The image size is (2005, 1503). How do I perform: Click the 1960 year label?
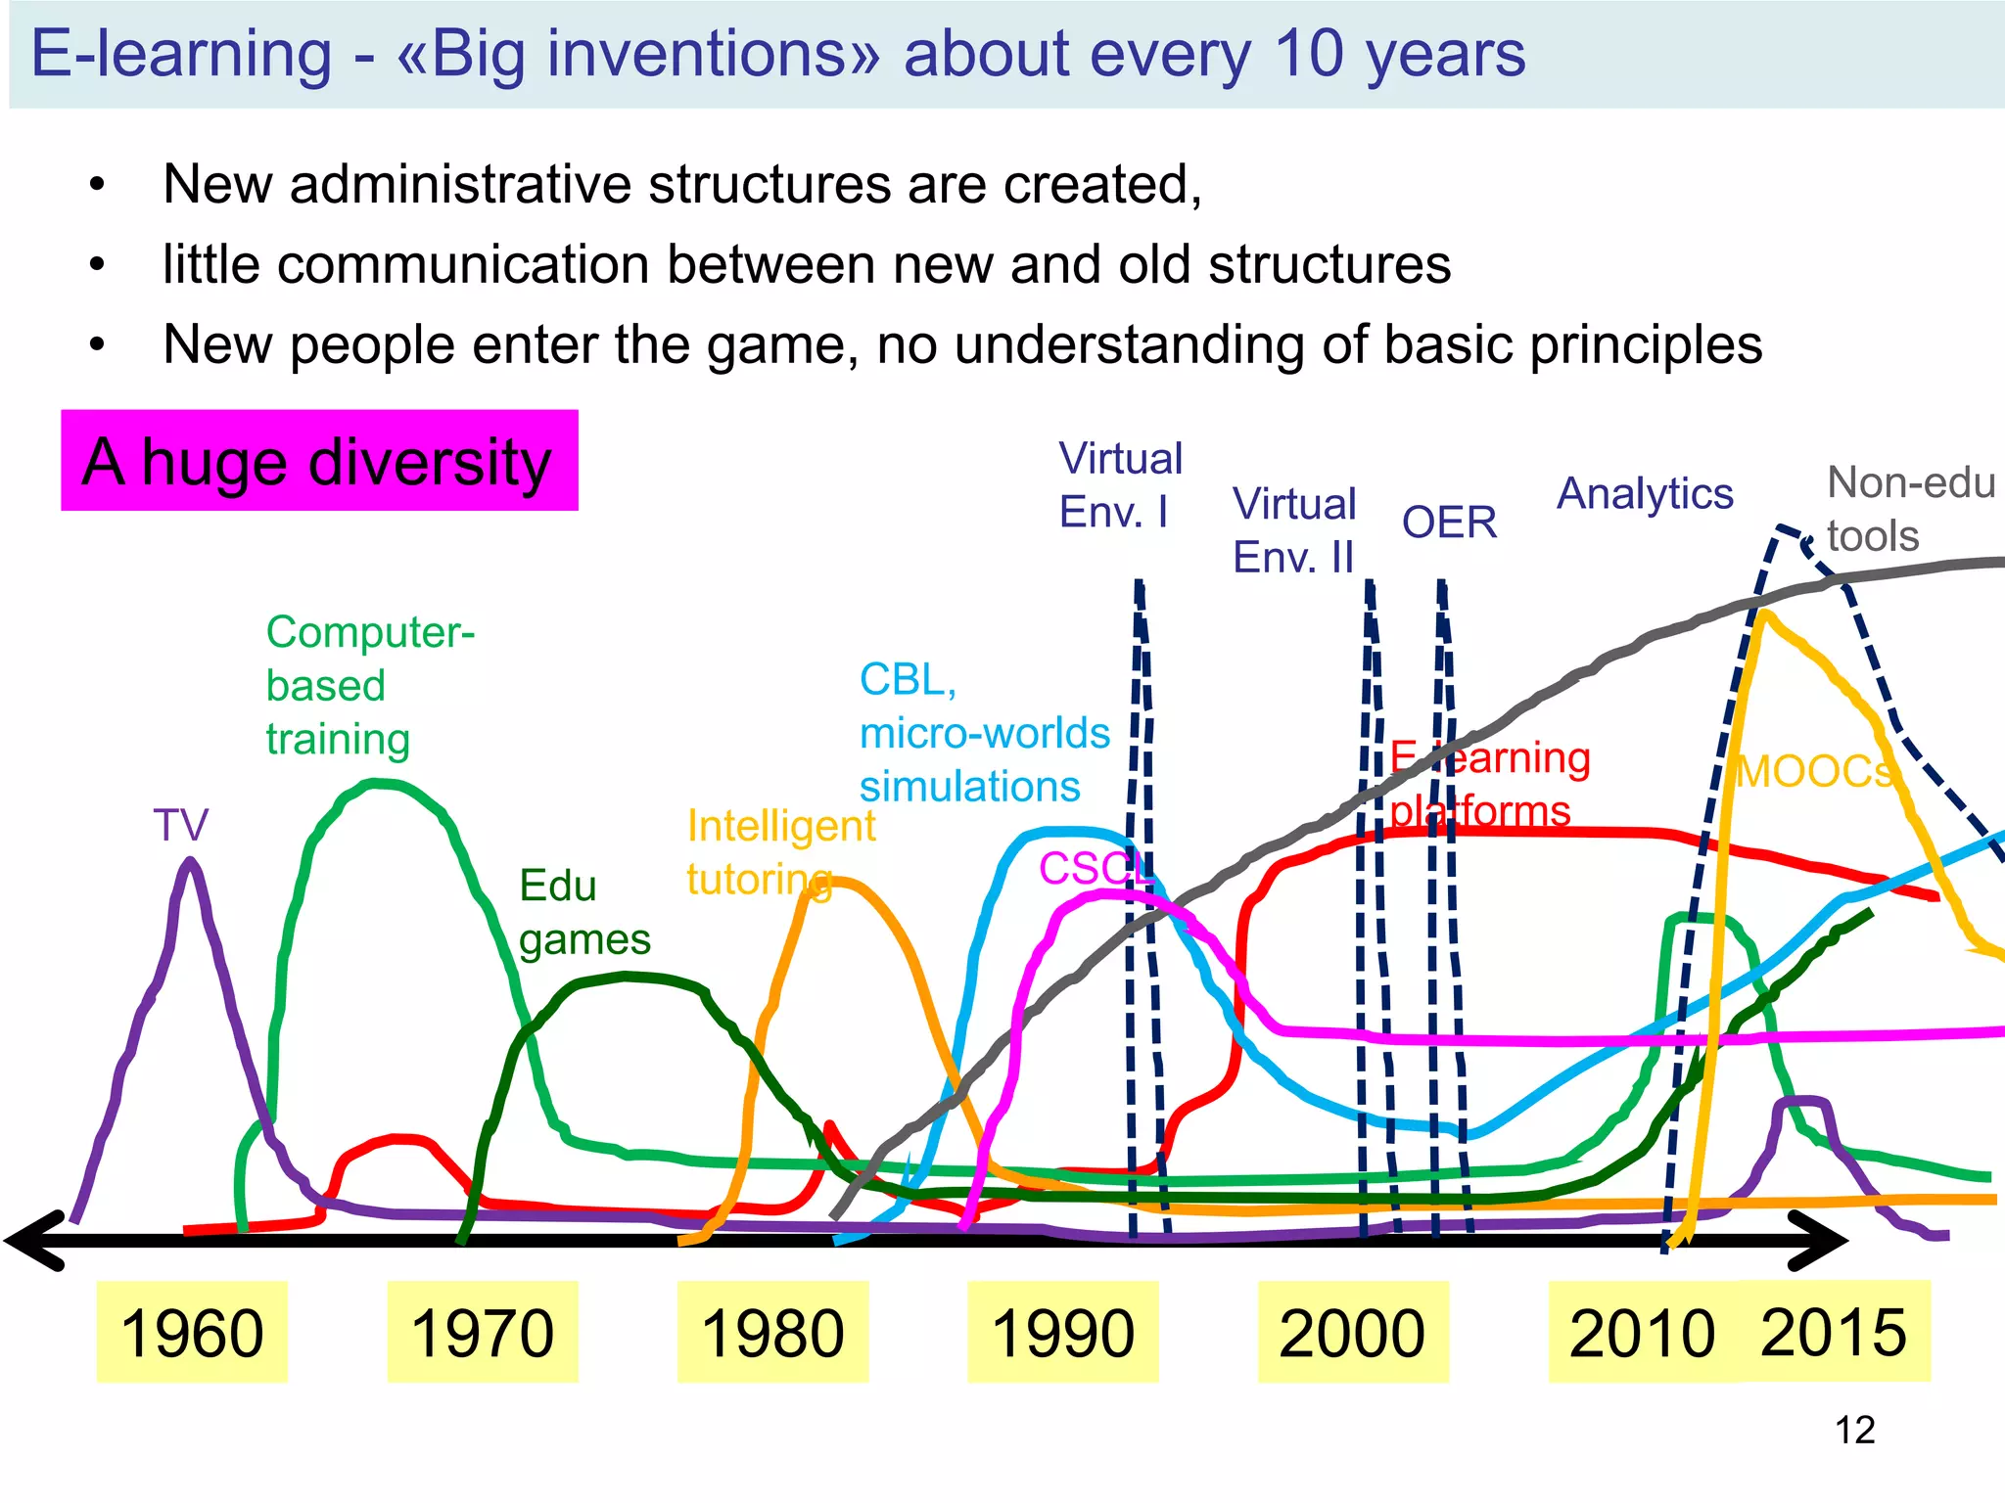tap(192, 1332)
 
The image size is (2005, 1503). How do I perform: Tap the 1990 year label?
tap(1063, 1332)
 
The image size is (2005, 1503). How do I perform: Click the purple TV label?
tap(181, 825)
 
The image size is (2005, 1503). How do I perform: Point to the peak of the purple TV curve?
tap(190, 861)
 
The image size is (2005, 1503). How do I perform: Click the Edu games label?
tap(584, 912)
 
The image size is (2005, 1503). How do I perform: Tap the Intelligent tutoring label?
tap(780, 851)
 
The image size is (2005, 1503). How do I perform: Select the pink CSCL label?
tap(1095, 868)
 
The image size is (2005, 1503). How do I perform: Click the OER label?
tap(1449, 523)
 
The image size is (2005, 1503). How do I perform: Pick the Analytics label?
tap(1645, 493)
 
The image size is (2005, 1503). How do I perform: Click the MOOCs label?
tap(1814, 772)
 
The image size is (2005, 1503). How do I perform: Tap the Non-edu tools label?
tap(1909, 509)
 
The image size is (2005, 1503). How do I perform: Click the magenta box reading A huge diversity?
tap(319, 461)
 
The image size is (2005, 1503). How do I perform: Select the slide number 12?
tap(1854, 1431)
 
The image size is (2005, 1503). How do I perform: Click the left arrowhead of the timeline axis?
tap(34, 1241)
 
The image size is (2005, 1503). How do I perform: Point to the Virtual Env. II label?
tap(1293, 530)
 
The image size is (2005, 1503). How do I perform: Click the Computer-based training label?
tap(369, 685)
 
